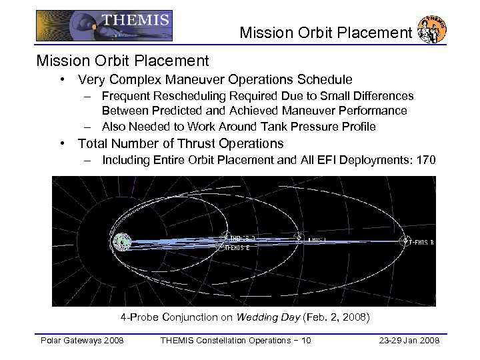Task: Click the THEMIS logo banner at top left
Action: (104, 25)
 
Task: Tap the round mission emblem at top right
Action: (432, 30)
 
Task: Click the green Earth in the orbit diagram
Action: (122, 242)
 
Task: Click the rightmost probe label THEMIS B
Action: (424, 241)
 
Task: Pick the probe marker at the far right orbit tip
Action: (404, 241)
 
